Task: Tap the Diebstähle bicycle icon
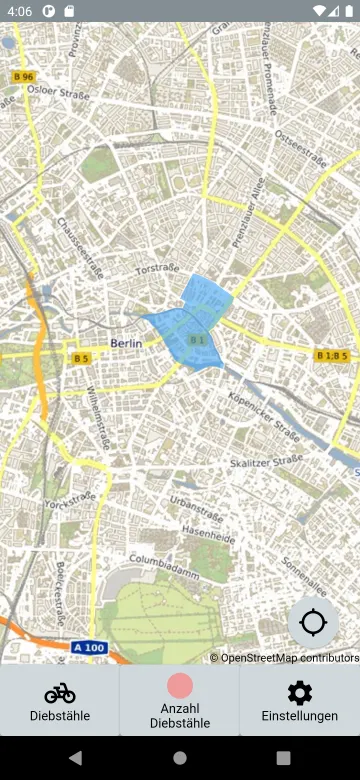point(60,692)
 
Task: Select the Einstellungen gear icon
point(299,692)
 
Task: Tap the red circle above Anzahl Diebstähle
point(180,686)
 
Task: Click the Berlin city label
point(126,343)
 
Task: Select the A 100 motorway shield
point(89,648)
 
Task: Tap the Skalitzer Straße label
point(266,461)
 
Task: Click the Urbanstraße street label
point(194,500)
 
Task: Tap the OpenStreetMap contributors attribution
point(284,657)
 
